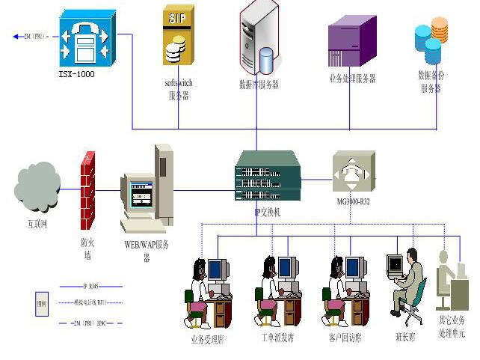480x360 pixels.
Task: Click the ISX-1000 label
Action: (77, 75)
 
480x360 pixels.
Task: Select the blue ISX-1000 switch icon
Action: (87, 40)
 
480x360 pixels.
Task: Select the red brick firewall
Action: (88, 191)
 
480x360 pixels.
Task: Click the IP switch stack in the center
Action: (268, 177)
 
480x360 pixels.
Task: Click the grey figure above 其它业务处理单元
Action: (451, 281)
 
